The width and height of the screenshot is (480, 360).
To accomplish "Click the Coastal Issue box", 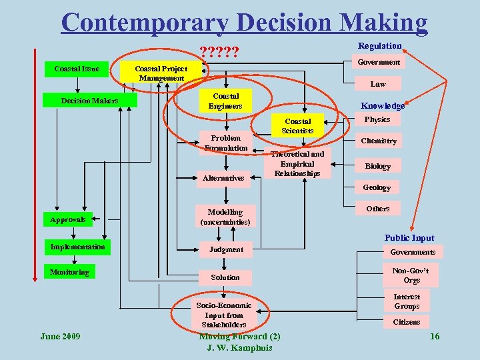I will point(77,69).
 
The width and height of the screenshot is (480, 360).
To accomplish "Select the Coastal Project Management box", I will point(161,73).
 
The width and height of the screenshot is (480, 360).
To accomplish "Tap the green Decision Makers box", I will point(90,101).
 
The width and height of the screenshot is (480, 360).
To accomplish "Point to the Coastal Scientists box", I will point(297,126).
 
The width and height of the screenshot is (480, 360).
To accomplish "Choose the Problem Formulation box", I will point(226,143).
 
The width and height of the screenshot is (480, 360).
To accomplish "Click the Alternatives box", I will point(226,178).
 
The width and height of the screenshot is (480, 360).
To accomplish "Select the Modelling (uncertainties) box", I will point(225,217).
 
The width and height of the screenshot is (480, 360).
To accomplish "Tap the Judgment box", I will point(226,249).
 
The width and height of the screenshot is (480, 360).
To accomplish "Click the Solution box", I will point(225,277).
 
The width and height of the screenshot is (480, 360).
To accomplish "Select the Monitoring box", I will point(69,272).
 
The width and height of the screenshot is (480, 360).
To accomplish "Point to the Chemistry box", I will point(378,141).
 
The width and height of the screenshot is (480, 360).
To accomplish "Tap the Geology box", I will point(377,187).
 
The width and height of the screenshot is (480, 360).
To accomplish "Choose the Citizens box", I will point(406,322).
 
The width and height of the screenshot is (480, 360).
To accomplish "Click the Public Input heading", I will point(409,238).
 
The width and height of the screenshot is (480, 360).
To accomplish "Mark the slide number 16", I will point(435,336).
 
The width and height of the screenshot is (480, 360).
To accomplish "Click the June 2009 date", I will point(61,336).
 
